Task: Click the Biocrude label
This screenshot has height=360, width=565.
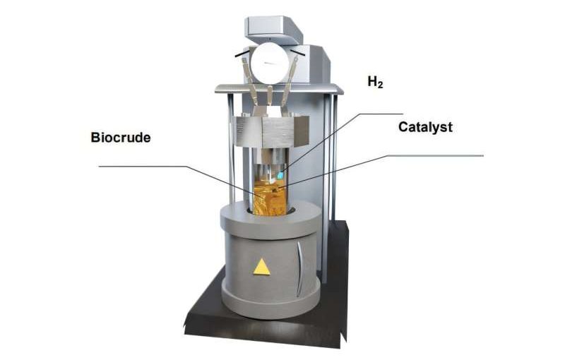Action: click(121, 138)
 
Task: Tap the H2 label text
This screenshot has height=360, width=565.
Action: click(375, 82)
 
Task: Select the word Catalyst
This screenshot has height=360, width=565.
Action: click(425, 127)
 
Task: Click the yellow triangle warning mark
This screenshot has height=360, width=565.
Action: click(261, 268)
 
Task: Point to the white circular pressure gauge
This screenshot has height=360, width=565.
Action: click(270, 64)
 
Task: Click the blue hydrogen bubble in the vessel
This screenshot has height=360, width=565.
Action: click(280, 176)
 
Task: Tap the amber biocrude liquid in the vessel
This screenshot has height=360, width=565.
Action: click(270, 198)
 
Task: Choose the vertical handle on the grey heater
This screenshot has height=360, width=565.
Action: click(299, 269)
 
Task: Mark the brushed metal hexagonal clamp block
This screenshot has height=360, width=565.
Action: click(270, 131)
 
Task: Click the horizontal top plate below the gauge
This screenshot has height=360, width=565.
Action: click(279, 88)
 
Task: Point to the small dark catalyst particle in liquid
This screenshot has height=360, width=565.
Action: click(275, 190)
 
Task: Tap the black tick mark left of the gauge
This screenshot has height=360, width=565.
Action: click(242, 54)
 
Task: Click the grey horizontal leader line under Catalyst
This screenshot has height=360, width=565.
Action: click(435, 156)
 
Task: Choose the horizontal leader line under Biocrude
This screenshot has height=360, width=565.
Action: click(143, 167)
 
